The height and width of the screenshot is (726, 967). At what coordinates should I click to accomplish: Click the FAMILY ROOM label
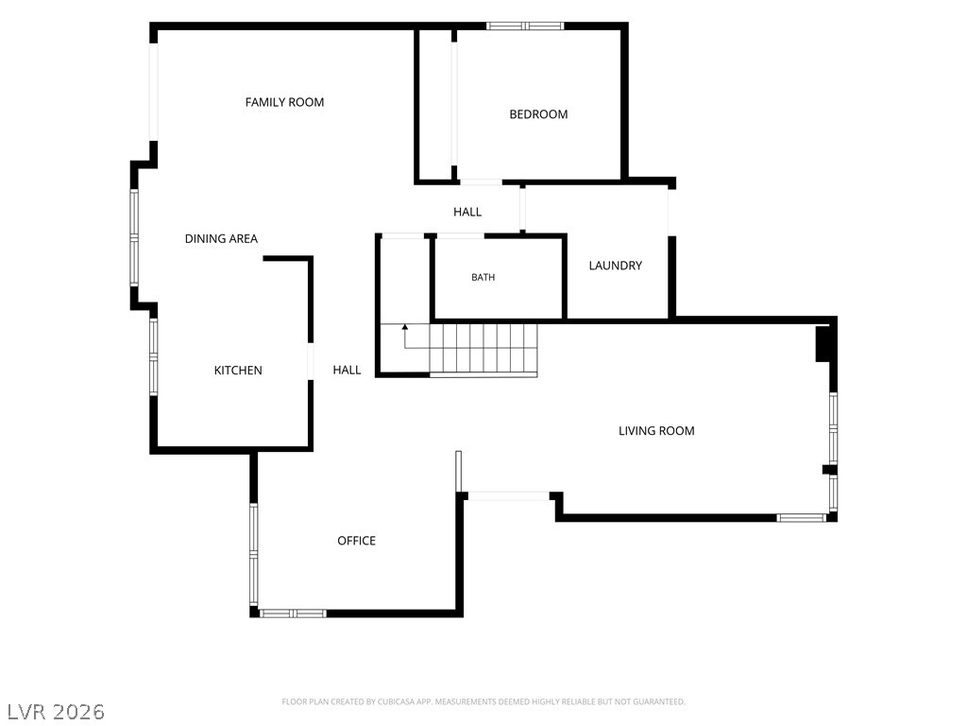[x=284, y=102]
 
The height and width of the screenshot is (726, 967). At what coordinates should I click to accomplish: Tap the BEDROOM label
[x=538, y=114]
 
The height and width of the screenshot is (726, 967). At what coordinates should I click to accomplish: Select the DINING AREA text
[x=221, y=239]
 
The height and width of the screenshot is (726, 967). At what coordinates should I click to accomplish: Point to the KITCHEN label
[x=238, y=371]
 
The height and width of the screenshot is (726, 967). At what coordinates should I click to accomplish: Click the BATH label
[x=483, y=278]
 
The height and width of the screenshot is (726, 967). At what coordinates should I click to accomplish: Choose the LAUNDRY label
[x=616, y=266]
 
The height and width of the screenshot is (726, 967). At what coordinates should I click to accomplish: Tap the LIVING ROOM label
[x=656, y=431]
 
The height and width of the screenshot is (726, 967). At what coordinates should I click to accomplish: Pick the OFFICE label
[x=356, y=541]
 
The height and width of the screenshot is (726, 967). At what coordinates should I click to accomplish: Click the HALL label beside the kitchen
[x=347, y=370]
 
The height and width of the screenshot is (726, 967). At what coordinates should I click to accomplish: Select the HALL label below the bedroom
[x=467, y=212]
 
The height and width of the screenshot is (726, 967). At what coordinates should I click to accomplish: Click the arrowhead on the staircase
[x=404, y=327]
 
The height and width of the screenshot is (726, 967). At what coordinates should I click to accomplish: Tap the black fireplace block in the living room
[x=823, y=344]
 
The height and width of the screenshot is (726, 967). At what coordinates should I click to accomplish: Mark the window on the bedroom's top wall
[x=525, y=26]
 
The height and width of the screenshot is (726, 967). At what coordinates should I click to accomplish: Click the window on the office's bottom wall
[x=293, y=614]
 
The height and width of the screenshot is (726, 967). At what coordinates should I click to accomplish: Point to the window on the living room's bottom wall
[x=801, y=518]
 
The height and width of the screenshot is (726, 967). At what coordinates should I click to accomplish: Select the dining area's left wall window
[x=134, y=237]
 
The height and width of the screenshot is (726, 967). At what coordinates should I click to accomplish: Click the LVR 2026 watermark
[x=57, y=712]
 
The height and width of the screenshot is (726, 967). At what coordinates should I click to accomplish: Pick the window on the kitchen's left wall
[x=154, y=356]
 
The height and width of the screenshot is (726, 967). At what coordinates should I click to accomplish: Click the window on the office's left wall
[x=253, y=554]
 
